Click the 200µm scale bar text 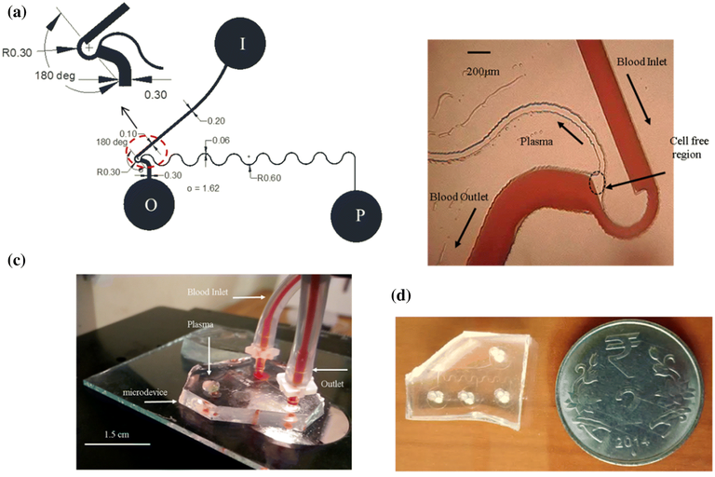[x=491, y=71]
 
